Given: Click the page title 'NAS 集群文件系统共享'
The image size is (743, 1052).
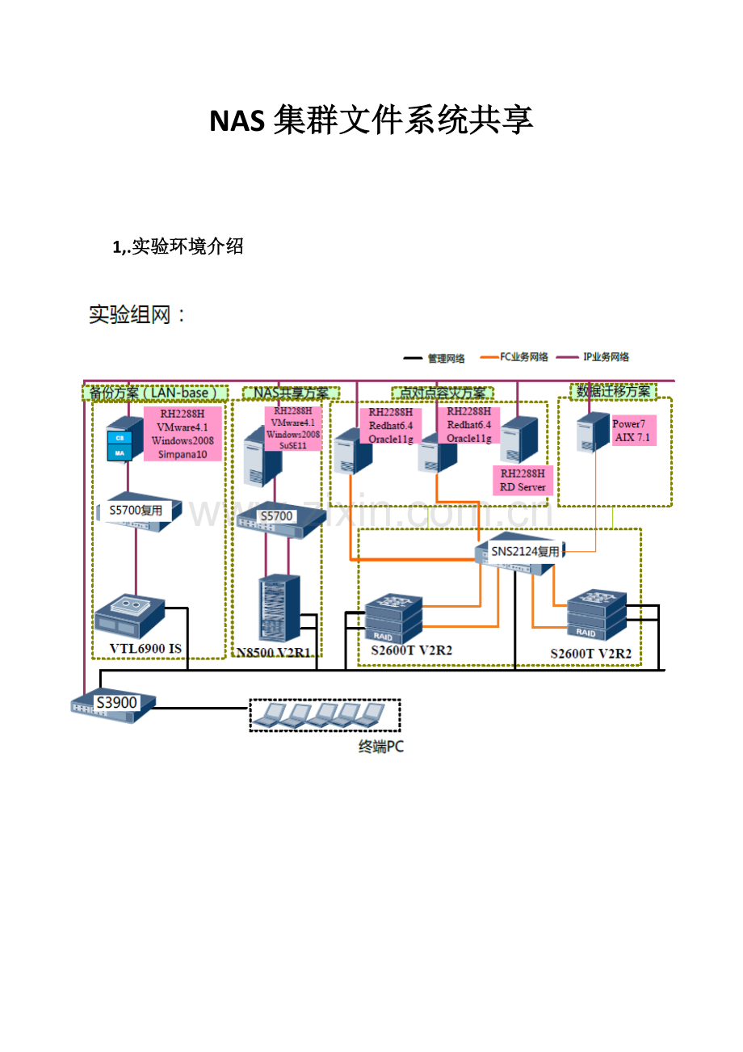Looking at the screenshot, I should point(371,121).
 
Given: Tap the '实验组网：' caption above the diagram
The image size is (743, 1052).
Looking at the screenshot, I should point(137,315).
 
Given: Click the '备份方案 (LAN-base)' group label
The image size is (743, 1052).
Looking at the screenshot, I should point(154,393).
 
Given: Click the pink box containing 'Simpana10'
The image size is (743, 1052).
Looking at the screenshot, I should point(183,435).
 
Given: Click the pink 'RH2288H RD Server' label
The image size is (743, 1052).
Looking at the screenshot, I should point(523,480).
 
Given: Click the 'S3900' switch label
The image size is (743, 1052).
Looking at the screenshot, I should point(116,702).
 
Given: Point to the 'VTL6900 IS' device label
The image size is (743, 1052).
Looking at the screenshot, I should point(145,648).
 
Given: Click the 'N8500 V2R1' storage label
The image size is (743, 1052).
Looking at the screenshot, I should point(274,651).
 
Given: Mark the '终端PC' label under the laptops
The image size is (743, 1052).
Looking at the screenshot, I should point(380,747).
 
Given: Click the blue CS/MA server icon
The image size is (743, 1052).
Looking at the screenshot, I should point(120,445).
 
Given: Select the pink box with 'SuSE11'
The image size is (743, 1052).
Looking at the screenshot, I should point(293,428).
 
